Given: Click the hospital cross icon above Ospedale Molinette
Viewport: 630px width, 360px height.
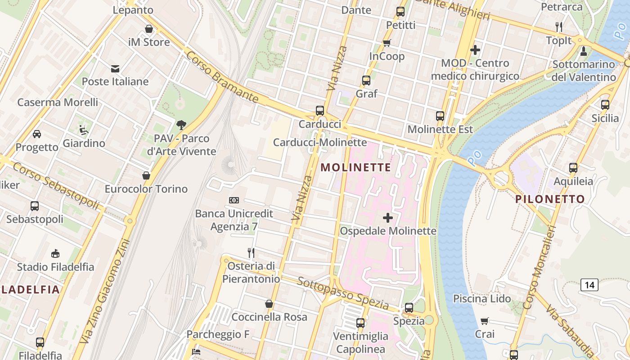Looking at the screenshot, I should (387, 218).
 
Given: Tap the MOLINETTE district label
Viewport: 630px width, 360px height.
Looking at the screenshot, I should (355, 167).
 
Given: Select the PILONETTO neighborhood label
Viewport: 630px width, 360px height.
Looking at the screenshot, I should (550, 199).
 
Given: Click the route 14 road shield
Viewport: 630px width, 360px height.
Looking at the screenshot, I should (589, 285).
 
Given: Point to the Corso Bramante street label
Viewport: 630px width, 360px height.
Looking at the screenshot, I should (222, 77).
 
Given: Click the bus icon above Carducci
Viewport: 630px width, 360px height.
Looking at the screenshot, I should (320, 110).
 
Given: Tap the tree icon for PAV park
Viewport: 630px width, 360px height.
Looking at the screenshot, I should (181, 125).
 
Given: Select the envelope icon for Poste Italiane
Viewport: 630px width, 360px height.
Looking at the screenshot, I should (115, 68).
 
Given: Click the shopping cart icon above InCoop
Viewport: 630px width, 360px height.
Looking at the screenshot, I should (387, 43).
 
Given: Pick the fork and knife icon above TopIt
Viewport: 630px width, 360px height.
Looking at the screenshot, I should (559, 27).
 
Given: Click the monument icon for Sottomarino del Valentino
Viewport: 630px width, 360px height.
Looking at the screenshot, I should (584, 51).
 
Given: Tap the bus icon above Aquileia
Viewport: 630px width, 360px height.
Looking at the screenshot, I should (573, 168).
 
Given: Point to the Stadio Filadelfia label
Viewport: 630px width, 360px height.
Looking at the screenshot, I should (55, 267).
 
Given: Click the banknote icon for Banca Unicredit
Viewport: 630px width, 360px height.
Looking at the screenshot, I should (234, 200).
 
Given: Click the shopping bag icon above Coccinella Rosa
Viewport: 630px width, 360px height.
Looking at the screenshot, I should (269, 304).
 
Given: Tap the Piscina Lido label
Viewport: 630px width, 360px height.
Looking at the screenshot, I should (481, 298).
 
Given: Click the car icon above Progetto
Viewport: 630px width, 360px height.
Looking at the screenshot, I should (37, 134).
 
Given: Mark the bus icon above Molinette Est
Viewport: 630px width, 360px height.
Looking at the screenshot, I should (440, 116).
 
